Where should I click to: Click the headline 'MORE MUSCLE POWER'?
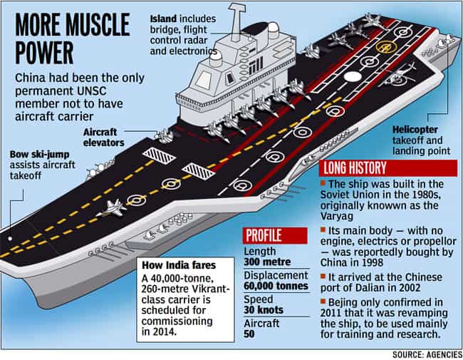point(73,38)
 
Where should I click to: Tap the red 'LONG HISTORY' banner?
point(388,168)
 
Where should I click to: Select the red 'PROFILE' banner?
point(275,235)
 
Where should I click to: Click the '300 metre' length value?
point(267,262)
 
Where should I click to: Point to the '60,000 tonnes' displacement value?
point(276,286)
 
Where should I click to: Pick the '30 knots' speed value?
point(264,310)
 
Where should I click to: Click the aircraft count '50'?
point(249,334)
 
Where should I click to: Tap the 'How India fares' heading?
point(179,265)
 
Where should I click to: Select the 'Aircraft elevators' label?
point(104,138)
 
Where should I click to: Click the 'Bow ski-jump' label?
point(40,154)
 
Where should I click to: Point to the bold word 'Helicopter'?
point(415,130)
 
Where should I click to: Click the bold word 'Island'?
point(163,19)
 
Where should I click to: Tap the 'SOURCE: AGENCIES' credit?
point(427,354)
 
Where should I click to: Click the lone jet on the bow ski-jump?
point(112,207)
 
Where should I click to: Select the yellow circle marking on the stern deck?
point(386,47)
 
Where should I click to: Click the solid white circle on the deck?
point(353,76)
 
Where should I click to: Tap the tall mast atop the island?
point(236,22)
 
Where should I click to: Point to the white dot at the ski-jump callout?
point(10,239)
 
